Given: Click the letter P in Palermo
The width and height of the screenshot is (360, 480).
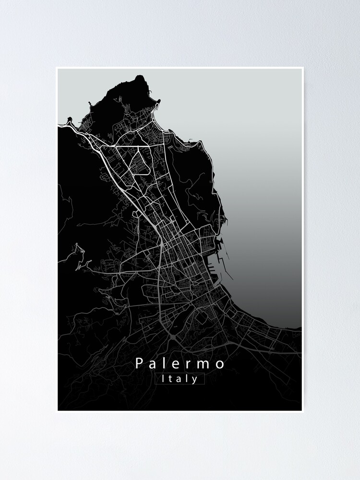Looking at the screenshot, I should point(139,363).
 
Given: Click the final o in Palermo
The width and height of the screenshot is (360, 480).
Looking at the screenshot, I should point(220,364).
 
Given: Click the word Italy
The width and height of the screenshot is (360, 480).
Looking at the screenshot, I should point(180,379).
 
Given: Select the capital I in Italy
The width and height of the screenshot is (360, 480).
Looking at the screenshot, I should point(164,378).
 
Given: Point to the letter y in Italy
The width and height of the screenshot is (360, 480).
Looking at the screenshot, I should point(195,380).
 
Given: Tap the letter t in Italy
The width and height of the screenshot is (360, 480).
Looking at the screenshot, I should point(171,379).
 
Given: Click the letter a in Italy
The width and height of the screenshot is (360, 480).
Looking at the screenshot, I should point(180,379).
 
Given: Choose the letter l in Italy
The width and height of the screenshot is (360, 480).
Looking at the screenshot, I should point(187,378).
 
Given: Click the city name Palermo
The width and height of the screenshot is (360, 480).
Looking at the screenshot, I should point(180,363).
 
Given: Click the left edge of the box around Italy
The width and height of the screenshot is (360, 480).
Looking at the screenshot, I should point(156,379).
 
